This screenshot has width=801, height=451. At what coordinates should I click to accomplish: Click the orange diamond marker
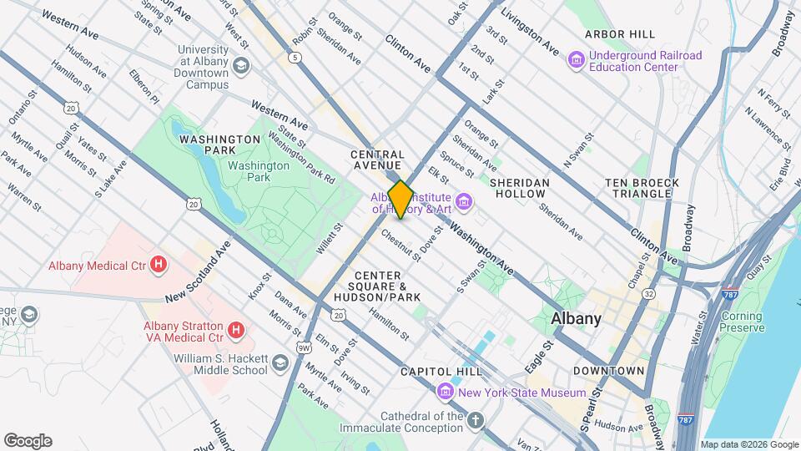click(401, 200)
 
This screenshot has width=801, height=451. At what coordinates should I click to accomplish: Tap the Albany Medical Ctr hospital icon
click(159, 266)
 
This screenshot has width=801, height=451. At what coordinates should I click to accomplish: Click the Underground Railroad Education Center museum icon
click(576, 60)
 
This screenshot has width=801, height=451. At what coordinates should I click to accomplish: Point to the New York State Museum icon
click(445, 392)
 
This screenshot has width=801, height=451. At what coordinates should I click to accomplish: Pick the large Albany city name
click(576, 318)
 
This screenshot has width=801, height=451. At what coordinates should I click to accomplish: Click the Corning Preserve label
click(741, 322)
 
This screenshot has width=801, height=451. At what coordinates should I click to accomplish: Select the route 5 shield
click(295, 58)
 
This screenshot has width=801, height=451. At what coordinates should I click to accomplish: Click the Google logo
click(28, 440)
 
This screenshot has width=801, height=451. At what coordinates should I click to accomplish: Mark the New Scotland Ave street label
click(197, 272)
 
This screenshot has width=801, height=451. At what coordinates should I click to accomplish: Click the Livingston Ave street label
click(529, 33)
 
